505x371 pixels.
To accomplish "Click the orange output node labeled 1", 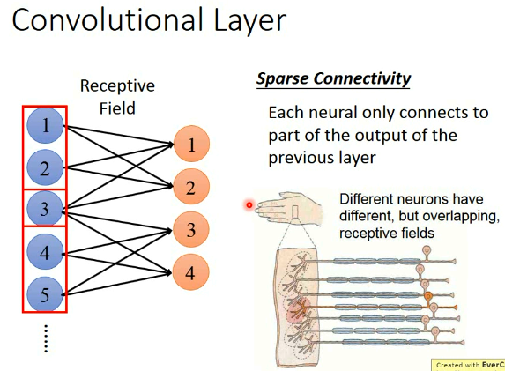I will [191, 144].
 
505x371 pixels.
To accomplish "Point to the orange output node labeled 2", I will [191, 187].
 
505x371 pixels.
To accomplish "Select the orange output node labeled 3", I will [191, 231].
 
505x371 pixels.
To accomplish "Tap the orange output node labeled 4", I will [191, 273].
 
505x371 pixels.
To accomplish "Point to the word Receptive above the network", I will [117, 86].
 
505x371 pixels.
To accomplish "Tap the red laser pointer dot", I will [249, 205].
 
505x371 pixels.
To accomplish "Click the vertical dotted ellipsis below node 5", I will [46, 338].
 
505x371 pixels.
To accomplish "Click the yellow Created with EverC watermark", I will [467, 365].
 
